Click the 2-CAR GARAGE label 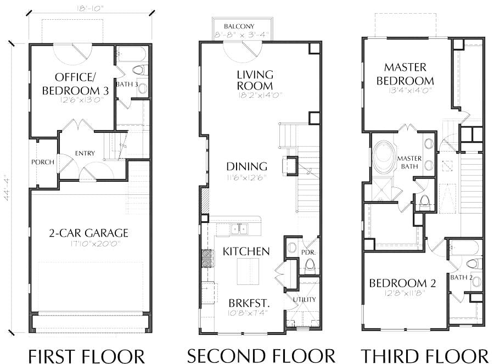click(88, 233)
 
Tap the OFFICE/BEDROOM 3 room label click(75, 84)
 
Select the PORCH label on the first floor click(43, 162)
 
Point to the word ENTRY click(85, 153)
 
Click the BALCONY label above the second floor click(239, 26)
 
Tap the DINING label click(246, 166)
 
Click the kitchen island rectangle click(248, 271)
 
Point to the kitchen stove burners click(208, 259)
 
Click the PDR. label click(308, 253)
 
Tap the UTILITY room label click(304, 299)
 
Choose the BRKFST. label click(249, 303)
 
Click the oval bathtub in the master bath click(384, 158)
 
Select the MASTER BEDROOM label click(405, 74)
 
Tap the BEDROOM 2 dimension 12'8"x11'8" click(405, 292)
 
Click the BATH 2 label click(462, 277)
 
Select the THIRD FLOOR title click(424, 356)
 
